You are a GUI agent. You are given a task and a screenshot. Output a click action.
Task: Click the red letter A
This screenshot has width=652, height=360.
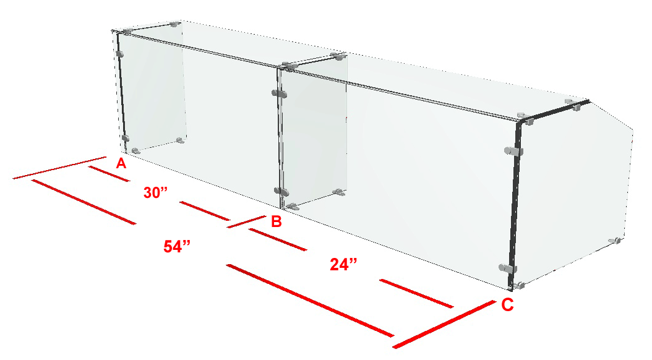pos(121,163)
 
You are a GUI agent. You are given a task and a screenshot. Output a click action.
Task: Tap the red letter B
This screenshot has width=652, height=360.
pos(277,221)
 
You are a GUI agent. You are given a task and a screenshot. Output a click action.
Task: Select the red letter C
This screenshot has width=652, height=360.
pos(507,305)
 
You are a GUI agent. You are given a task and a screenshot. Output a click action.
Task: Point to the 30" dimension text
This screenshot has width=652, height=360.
pos(155,192)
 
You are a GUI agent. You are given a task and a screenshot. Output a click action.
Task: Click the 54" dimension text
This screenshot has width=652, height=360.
pos(177,247)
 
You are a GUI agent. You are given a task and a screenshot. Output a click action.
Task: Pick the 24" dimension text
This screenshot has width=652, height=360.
pos(343,264)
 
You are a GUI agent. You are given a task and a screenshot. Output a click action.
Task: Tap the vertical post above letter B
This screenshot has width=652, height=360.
pos(280,138)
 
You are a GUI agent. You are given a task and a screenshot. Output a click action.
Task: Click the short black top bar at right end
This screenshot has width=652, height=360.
pos(554,111)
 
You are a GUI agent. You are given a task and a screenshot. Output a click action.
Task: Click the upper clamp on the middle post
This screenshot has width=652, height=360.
pos(280,94)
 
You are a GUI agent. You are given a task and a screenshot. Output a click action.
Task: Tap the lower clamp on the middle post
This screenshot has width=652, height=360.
pos(281,192)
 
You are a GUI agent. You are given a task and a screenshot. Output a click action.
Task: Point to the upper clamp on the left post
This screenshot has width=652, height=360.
pos(120,54)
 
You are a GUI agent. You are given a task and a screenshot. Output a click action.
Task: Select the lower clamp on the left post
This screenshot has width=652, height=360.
pos(125,139)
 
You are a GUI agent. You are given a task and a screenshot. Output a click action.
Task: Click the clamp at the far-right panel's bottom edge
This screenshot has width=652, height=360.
pos(615,241)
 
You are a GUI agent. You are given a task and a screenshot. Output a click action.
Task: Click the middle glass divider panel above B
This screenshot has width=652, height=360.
pos(314,133)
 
